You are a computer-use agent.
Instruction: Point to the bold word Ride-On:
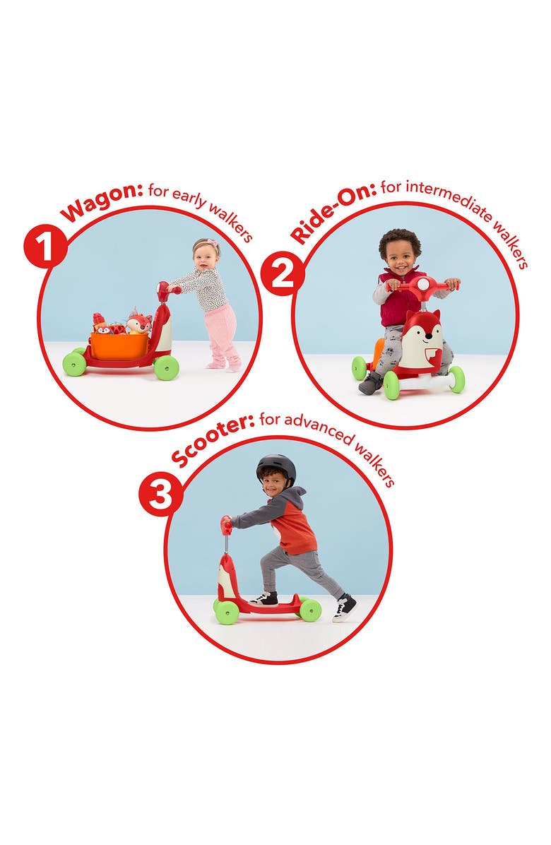332,213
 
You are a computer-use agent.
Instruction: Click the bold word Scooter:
212,441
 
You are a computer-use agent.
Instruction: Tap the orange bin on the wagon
119,345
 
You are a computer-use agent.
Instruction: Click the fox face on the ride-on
422,337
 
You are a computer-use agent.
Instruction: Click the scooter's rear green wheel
309,609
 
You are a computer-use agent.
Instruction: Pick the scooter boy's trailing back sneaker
344,608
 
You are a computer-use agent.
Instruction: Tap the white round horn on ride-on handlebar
420,283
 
